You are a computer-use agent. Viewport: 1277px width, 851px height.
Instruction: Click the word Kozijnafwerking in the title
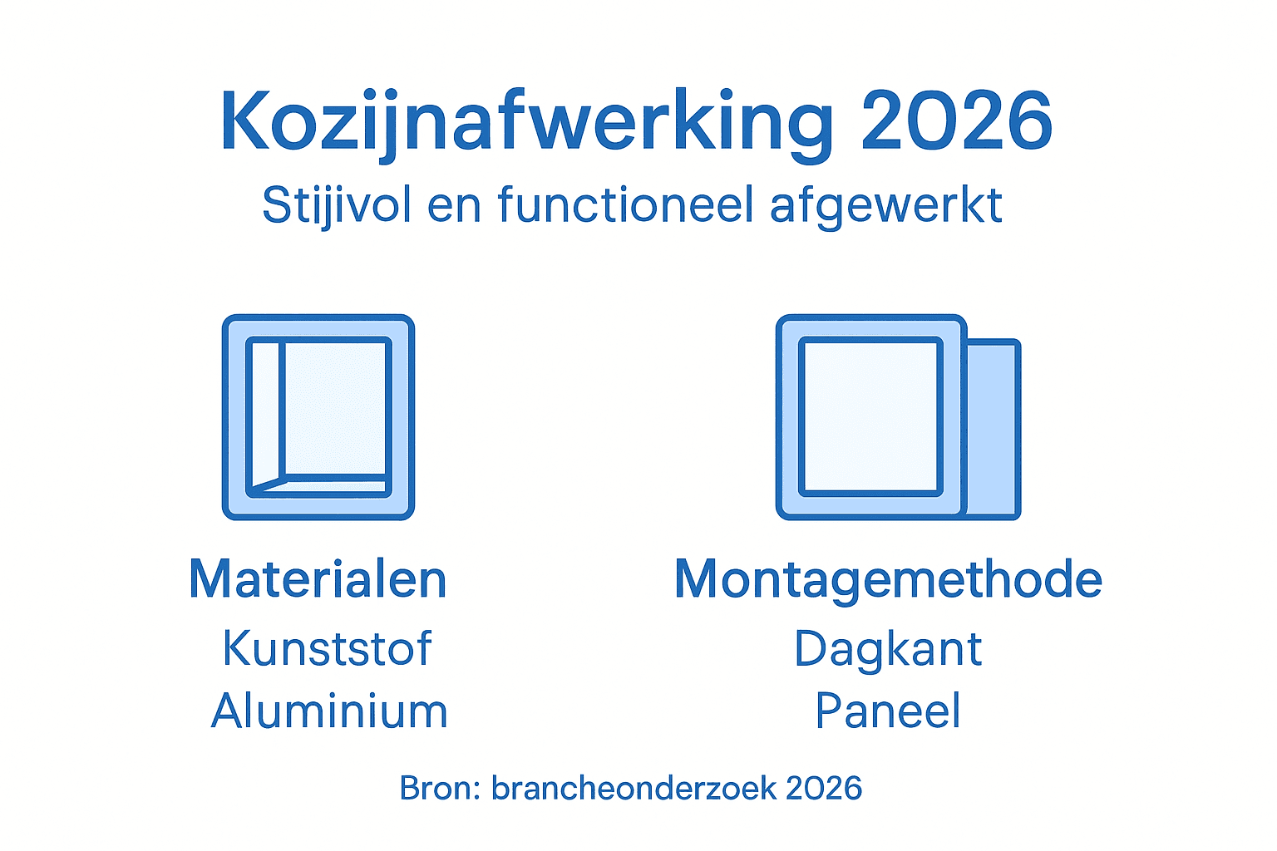[525, 122]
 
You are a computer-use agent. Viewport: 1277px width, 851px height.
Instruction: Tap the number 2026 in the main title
[957, 122]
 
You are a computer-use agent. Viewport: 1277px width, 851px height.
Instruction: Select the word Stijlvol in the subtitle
[337, 204]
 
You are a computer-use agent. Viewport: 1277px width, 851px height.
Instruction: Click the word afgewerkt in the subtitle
[886, 206]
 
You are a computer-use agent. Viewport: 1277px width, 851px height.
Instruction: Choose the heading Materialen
[318, 579]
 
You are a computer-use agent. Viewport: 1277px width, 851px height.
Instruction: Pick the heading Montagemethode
[888, 579]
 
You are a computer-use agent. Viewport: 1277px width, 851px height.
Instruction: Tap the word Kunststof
[328, 648]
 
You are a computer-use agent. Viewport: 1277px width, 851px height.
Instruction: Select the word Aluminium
[329, 711]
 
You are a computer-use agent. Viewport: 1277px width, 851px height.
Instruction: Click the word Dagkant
[888, 648]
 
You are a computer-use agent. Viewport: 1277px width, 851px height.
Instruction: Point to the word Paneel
[888, 711]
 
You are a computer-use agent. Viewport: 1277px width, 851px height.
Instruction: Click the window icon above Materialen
[318, 417]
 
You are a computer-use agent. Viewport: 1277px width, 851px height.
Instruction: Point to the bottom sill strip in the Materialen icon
[333, 485]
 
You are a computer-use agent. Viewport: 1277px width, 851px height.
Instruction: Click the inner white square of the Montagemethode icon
[870, 416]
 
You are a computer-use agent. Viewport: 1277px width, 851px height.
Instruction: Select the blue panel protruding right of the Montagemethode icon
[993, 428]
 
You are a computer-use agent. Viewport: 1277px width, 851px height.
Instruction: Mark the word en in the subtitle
[454, 206]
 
